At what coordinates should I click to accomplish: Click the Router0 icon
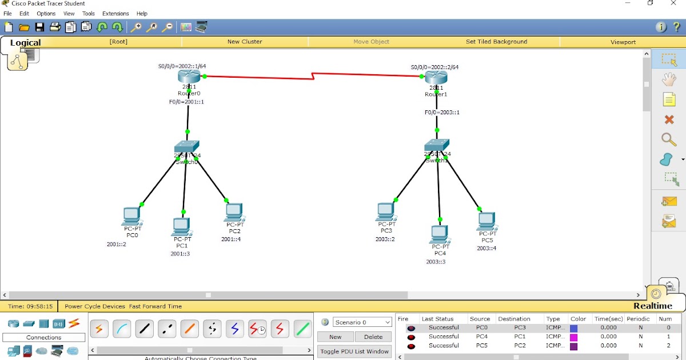[189, 77]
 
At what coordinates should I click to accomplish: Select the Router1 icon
[436, 77]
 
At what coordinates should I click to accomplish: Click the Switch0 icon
[187, 147]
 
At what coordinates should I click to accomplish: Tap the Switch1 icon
[437, 145]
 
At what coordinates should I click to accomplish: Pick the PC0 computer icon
[131, 217]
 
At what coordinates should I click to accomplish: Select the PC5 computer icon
[486, 221]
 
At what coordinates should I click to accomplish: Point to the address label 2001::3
[180, 254]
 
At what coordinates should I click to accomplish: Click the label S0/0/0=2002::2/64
[434, 67]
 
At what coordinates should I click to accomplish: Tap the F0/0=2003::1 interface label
[442, 113]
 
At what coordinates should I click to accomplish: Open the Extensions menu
[115, 13]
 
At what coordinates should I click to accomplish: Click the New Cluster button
[245, 42]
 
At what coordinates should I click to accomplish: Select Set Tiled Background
[496, 42]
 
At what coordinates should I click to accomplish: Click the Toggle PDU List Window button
[354, 351]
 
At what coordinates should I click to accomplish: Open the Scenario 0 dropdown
[362, 322]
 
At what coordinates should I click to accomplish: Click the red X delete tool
[669, 119]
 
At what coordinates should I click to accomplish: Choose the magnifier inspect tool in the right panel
[669, 139]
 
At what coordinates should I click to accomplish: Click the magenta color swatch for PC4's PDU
[574, 337]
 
